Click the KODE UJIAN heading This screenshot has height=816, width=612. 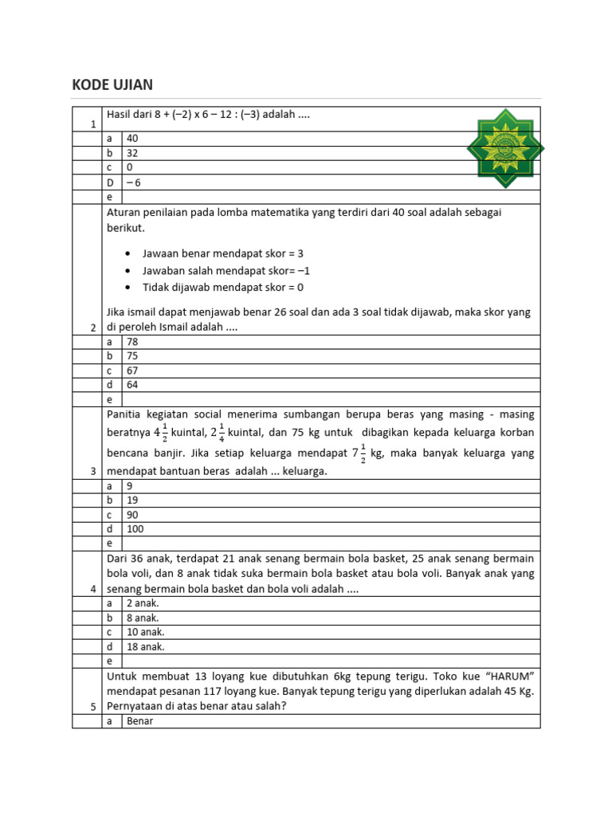112,85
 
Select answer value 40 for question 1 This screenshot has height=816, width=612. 132,138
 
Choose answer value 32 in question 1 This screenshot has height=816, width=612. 132,153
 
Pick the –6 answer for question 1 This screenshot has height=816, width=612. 134,182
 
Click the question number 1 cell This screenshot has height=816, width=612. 93,124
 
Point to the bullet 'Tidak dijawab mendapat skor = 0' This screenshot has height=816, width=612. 223,287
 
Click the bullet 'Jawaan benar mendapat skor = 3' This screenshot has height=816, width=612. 223,253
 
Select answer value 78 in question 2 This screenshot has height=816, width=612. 132,341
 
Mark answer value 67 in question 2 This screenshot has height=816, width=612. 132,371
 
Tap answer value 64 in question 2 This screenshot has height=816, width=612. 132,385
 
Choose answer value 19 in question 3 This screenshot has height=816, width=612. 132,500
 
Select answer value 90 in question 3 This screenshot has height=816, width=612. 132,515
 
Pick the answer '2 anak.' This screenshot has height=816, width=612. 143,603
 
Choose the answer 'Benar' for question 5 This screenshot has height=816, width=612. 139,721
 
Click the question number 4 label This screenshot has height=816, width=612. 93,589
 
